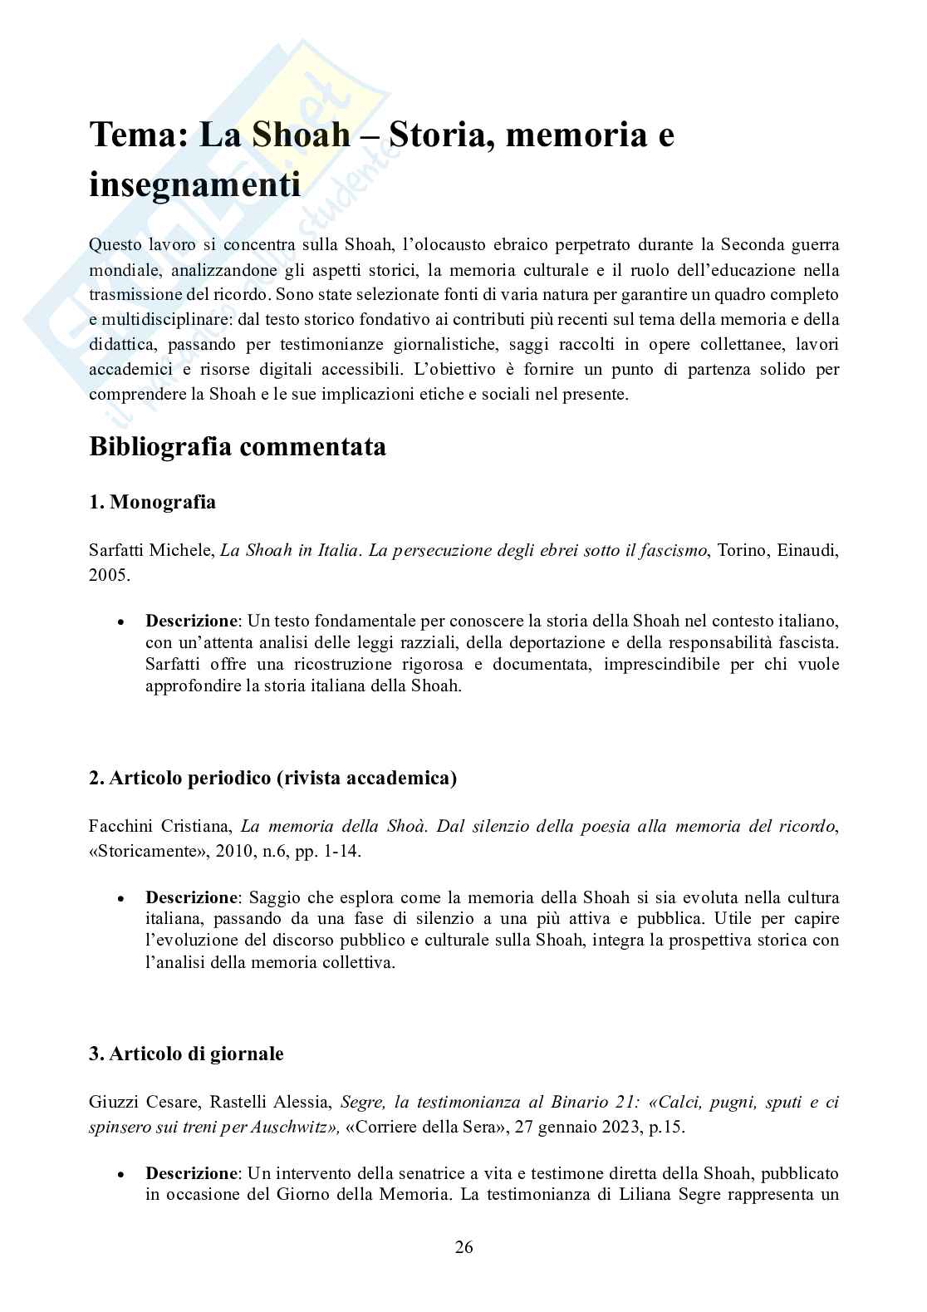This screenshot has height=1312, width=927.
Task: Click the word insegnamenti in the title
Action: click(194, 184)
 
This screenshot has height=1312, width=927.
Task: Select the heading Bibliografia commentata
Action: click(238, 447)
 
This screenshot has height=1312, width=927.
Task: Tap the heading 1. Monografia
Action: click(152, 502)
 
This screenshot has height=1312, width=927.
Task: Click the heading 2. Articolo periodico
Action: click(272, 778)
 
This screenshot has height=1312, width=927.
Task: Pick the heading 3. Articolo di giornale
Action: click(186, 1054)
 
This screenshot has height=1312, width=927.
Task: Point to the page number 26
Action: click(463, 1247)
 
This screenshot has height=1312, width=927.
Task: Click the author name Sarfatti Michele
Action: click(150, 550)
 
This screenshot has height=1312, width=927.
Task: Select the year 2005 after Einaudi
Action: click(108, 575)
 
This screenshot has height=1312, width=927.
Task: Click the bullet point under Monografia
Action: click(121, 622)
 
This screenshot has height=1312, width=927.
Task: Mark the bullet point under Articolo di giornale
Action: click(121, 1174)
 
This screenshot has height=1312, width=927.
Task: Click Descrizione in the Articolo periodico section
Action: click(191, 897)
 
